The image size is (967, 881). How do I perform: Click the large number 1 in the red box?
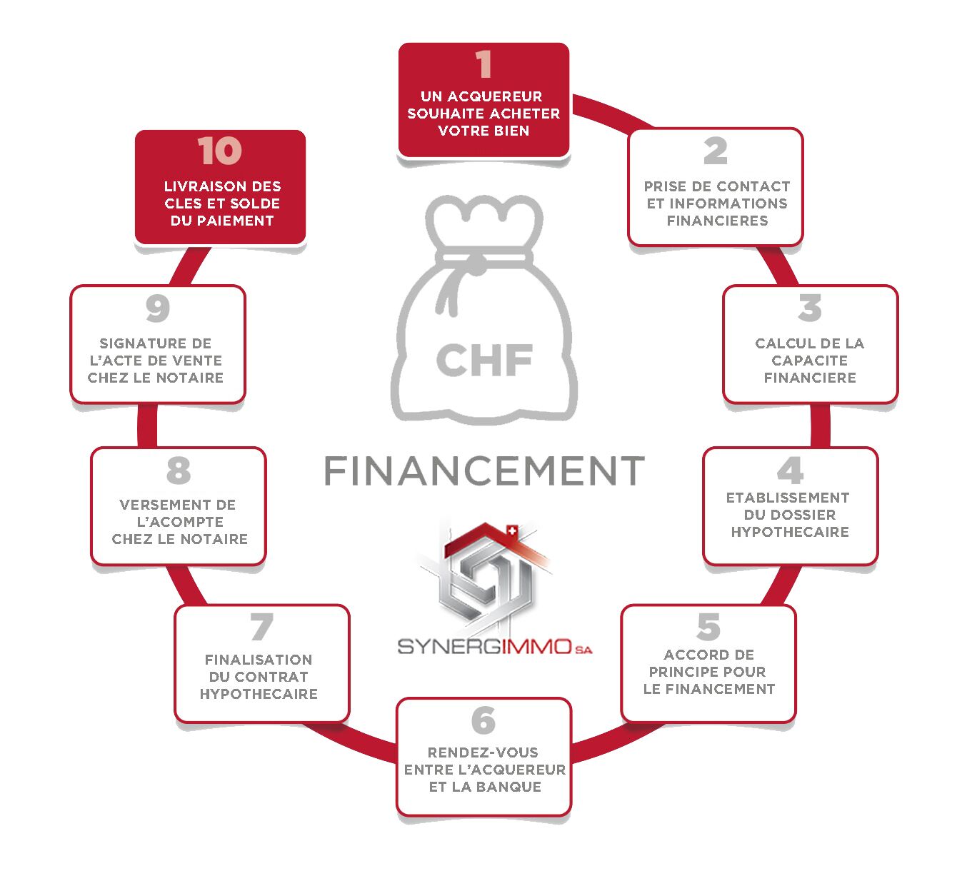483,64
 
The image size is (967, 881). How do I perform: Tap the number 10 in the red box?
220,151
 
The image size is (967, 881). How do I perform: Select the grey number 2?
716,151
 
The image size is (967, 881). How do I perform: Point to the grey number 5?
708,627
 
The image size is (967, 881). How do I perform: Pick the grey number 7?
262,627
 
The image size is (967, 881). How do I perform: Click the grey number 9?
158,308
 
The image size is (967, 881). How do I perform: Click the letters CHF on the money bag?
484,360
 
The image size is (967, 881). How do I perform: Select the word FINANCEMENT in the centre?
484,471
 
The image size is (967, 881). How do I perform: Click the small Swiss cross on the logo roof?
511,530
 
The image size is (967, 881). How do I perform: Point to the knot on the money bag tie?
477,265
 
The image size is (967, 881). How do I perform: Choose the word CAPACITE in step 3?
810,360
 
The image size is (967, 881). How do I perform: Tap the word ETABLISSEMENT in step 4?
788,498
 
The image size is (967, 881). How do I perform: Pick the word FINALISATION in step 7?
259,659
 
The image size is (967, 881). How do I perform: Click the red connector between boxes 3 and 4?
819,426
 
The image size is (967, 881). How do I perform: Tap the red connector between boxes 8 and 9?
147,426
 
